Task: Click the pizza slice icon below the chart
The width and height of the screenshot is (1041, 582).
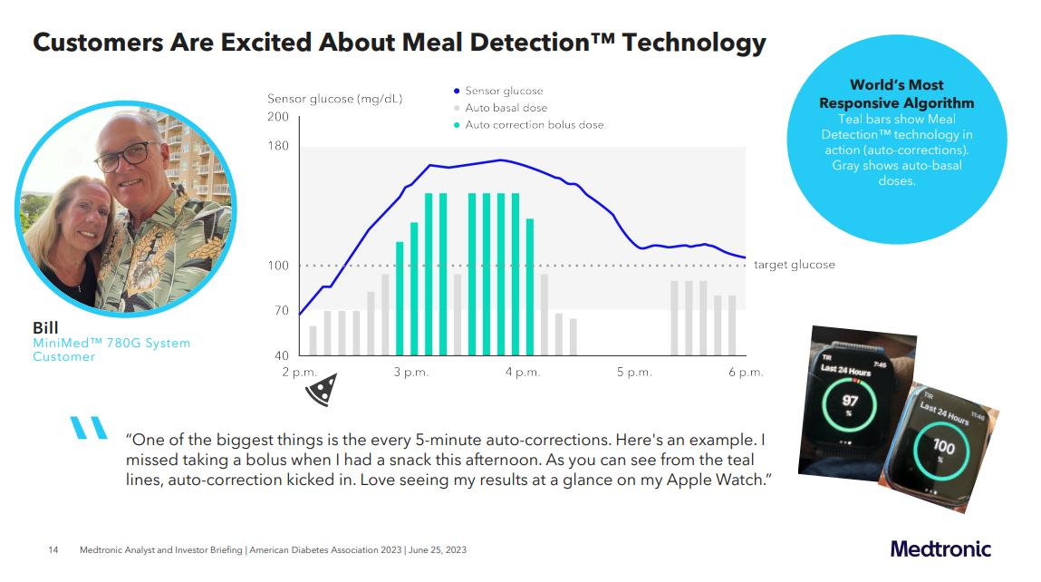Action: click(319, 391)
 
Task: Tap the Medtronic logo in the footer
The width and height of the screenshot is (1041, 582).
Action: click(940, 549)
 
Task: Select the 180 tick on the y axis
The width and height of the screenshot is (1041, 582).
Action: click(278, 147)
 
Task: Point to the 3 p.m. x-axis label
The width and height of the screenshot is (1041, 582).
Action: click(410, 373)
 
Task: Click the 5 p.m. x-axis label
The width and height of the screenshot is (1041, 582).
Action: click(634, 373)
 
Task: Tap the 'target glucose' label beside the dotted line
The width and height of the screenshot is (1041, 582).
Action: click(795, 265)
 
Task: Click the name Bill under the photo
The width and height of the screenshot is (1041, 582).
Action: click(46, 327)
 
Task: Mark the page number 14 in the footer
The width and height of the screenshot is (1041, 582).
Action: click(53, 550)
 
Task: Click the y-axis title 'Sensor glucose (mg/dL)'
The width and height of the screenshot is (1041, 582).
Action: click(334, 99)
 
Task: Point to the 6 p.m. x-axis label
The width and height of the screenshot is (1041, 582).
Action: click(746, 373)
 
